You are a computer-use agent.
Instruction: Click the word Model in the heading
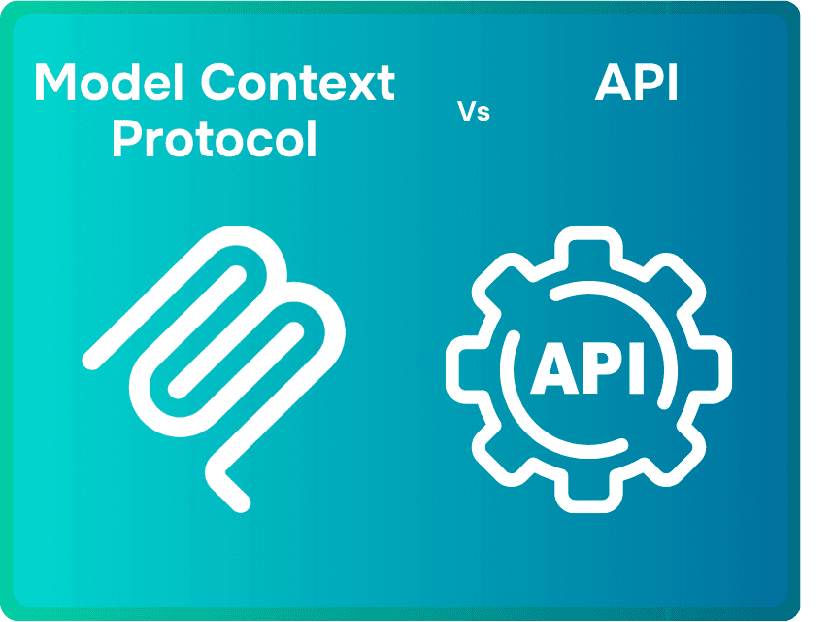[109, 84]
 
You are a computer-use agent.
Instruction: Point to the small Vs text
[474, 112]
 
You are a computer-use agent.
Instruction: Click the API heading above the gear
[636, 84]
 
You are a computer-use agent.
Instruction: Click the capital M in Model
[56, 84]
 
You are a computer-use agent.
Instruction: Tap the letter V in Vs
[466, 112]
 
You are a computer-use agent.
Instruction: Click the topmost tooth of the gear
[588, 243]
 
